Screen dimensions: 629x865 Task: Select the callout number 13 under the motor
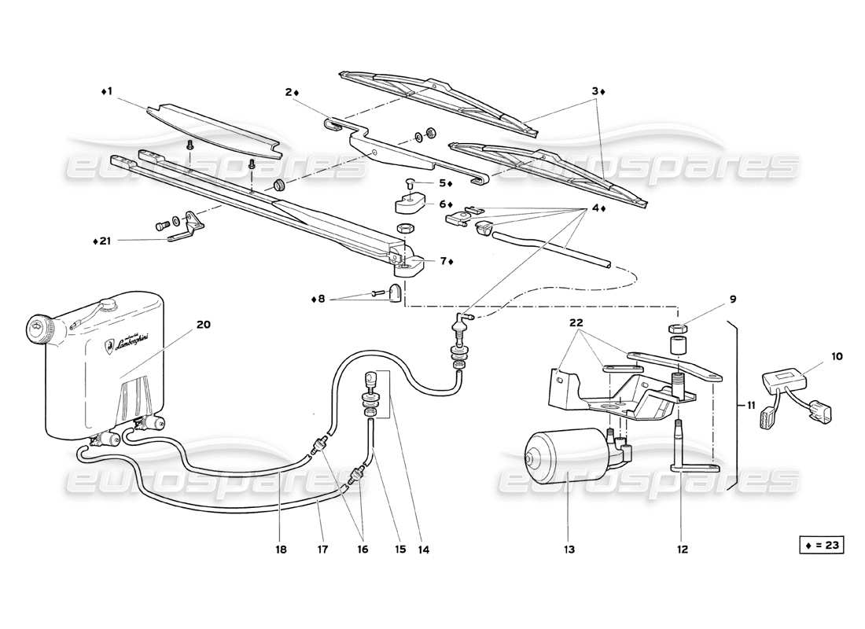[x=569, y=549]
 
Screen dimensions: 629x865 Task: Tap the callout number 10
[x=837, y=356]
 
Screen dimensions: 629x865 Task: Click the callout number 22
[x=576, y=322]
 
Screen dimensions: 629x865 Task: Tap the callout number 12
[x=682, y=549]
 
